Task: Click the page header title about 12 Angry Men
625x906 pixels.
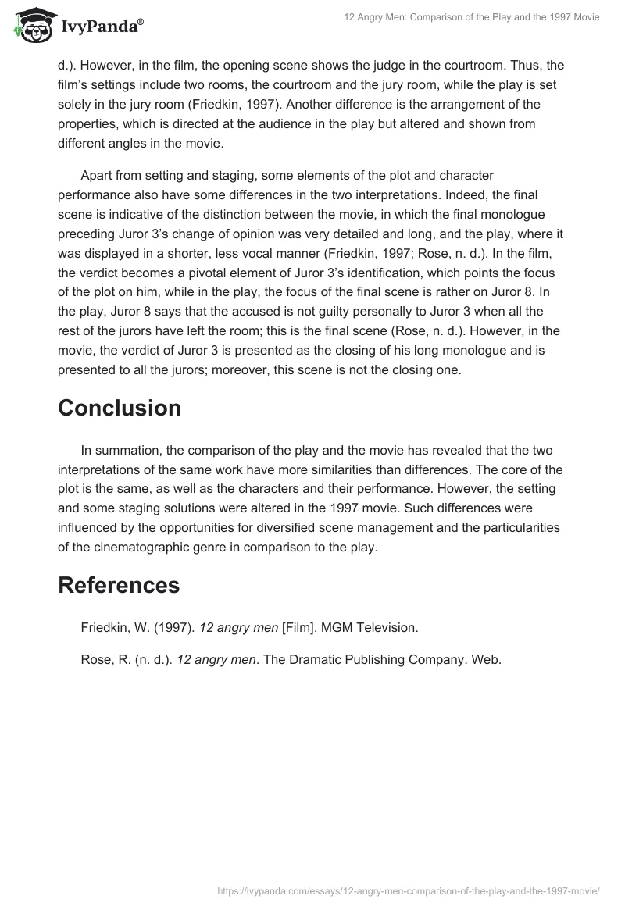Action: pyautogui.click(x=472, y=17)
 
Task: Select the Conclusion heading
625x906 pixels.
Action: pyautogui.click(x=120, y=408)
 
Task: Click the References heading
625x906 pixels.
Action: pyautogui.click(x=119, y=585)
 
